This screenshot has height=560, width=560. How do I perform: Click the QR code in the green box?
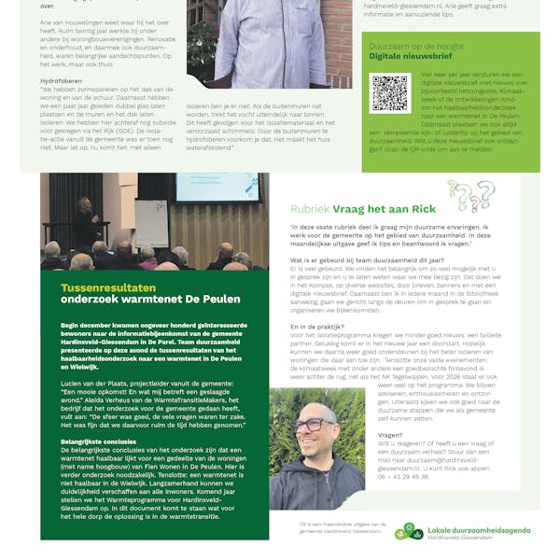[390, 93]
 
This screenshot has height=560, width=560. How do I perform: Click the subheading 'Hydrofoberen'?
[58, 80]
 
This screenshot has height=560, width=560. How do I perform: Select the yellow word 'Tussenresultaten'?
[102, 288]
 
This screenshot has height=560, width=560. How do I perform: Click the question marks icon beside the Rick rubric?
[469, 196]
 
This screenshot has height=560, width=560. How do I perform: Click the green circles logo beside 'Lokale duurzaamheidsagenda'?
[408, 531]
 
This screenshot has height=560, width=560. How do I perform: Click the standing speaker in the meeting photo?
[84, 222]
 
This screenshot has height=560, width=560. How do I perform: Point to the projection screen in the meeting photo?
[217, 188]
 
